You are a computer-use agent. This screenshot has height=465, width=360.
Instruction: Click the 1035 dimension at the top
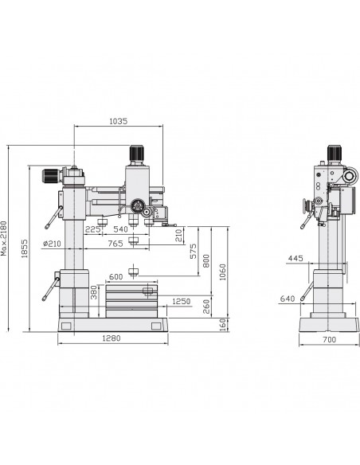pos(119,121)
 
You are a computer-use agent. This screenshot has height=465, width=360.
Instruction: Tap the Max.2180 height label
pos(3,238)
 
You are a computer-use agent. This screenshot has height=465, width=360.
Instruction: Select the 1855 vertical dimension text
pos(25,248)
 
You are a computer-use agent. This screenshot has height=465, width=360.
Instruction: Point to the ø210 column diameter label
pos(52,244)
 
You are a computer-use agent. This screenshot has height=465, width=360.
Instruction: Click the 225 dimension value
pos(92,229)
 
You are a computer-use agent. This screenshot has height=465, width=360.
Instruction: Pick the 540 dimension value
pos(121,229)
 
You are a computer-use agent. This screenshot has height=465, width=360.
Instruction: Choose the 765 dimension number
pos(115,244)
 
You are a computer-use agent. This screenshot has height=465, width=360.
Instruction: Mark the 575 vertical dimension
pos(193,251)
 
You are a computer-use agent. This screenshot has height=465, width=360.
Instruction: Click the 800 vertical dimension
pos(206,260)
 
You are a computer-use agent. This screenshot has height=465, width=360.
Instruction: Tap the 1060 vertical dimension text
pos(223,272)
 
